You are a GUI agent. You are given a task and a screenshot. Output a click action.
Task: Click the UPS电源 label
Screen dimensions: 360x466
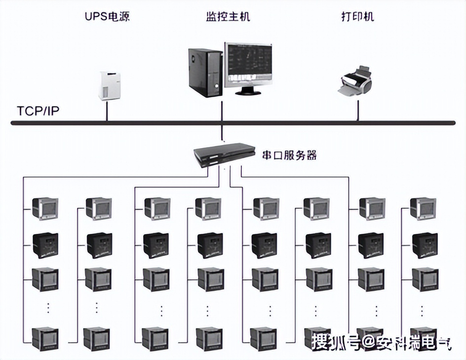[108, 17]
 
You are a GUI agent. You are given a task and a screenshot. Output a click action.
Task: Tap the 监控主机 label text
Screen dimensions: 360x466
[228, 17]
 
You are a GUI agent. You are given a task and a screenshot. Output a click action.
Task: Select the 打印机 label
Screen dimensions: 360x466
[358, 17]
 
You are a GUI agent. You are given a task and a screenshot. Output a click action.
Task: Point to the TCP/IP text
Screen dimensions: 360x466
[38, 110]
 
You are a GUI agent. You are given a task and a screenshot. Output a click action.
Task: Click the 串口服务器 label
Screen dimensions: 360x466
[289, 155]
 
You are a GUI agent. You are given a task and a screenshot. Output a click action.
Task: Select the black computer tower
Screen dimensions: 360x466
[204, 72]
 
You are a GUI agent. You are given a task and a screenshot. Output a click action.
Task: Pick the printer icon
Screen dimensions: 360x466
[357, 80]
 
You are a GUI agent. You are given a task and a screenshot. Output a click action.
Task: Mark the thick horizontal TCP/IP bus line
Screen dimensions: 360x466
[296, 122]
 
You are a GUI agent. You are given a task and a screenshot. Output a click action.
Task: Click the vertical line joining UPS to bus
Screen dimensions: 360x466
[107, 111]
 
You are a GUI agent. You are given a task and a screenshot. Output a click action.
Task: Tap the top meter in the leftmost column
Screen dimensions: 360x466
[45, 209]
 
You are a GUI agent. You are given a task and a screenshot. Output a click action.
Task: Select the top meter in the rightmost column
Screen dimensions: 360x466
[423, 209]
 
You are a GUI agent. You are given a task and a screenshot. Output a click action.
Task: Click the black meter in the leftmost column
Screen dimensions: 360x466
[45, 244]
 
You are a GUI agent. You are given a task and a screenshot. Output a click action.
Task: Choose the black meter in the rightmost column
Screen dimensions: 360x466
[423, 244]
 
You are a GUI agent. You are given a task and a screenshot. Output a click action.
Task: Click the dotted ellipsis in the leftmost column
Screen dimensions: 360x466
[48, 308]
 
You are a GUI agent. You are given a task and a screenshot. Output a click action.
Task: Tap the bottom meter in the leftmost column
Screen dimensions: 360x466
[45, 338]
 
